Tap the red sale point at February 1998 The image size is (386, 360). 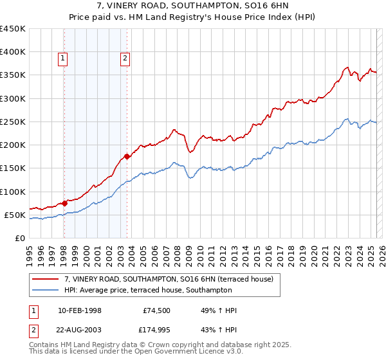[64, 203]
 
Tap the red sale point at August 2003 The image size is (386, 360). [127, 156]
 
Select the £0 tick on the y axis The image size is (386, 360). [21, 238]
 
